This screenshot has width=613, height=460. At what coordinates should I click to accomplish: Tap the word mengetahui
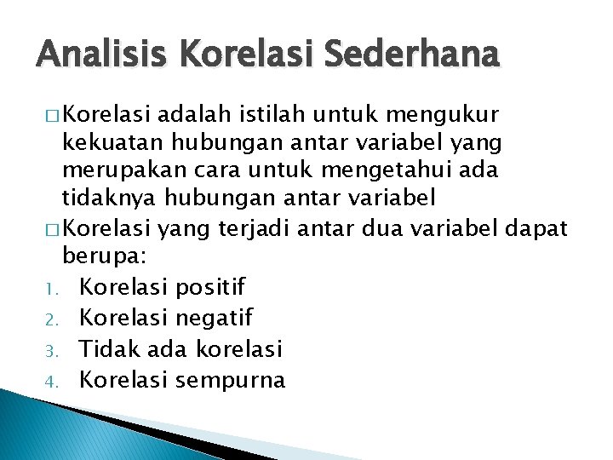tap(392, 170)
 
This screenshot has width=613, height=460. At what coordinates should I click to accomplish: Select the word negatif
tap(213, 318)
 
